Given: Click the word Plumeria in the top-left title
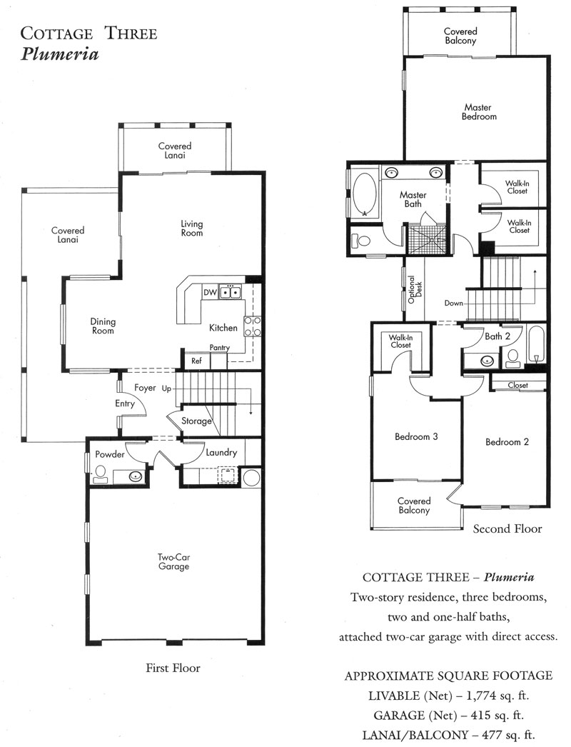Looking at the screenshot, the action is [x=59, y=54].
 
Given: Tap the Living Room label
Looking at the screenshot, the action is [x=192, y=229].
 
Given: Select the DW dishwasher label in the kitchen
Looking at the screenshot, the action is [x=210, y=292].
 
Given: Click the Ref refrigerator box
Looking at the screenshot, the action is [x=197, y=361].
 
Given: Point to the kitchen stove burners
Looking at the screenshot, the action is [x=253, y=326].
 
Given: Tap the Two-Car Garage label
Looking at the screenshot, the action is [x=174, y=561].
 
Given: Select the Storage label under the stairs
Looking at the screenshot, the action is [x=197, y=421].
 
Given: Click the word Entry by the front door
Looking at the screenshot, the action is [x=125, y=403].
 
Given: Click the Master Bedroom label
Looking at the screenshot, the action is [x=479, y=112].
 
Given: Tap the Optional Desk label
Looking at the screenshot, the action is [x=415, y=290].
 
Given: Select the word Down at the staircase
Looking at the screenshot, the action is [x=453, y=303].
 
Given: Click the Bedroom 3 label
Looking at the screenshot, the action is [x=416, y=436].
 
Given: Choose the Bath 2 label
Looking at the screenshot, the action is [x=497, y=336].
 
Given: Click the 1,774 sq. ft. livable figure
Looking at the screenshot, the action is [x=497, y=696].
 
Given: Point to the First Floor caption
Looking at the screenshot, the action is [x=173, y=668].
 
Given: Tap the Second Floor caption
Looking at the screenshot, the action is [x=507, y=528].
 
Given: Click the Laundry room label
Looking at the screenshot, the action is [x=221, y=453].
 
